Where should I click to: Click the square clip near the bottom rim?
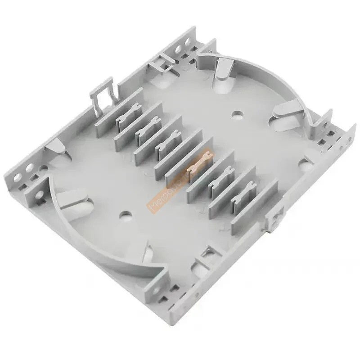(x=208, y=254)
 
